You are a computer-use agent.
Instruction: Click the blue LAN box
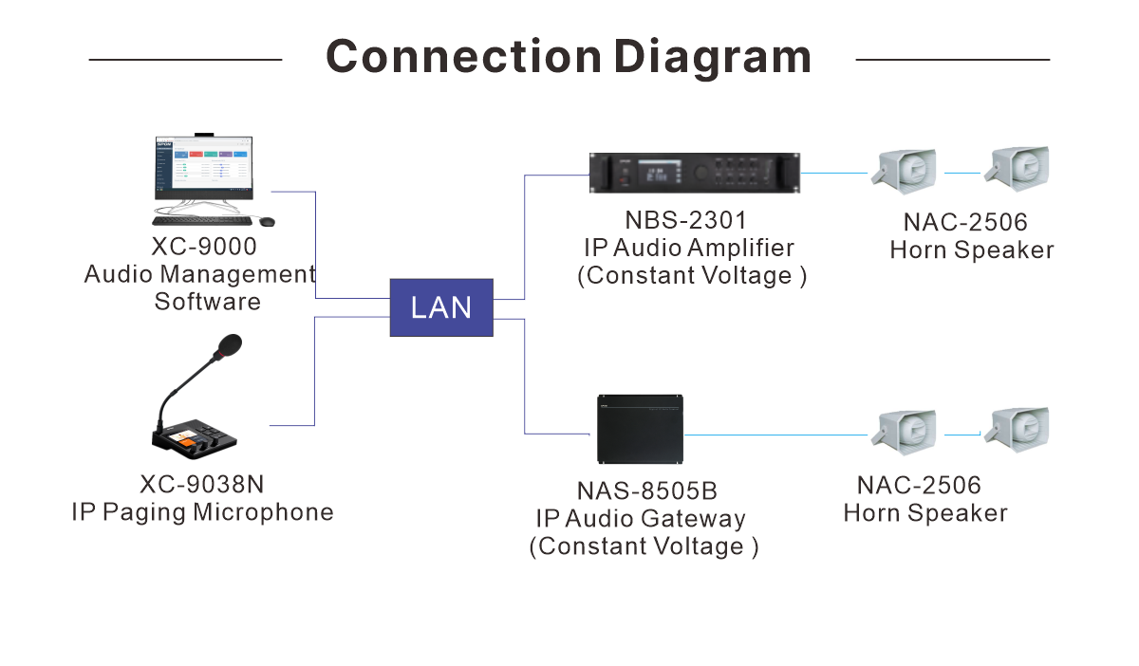pyautogui.click(x=441, y=307)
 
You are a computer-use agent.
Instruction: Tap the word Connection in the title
pyautogui.click(x=464, y=56)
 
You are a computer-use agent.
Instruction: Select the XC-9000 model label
pyautogui.click(x=204, y=247)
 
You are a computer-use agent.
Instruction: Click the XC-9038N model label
pyautogui.click(x=202, y=485)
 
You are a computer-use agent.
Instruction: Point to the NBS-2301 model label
pyautogui.click(x=686, y=220)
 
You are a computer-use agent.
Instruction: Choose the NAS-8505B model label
pyautogui.click(x=646, y=491)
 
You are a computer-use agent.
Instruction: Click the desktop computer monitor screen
pyautogui.click(x=203, y=167)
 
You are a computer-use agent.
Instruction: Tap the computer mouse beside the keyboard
pyautogui.click(x=267, y=221)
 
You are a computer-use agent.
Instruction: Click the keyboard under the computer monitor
pyautogui.click(x=202, y=221)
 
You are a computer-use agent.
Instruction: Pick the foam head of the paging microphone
pyautogui.click(x=228, y=346)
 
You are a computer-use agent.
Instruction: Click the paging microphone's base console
pyautogui.click(x=194, y=438)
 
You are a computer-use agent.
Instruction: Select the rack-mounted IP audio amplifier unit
pyautogui.click(x=695, y=173)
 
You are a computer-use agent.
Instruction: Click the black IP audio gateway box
pyautogui.click(x=640, y=429)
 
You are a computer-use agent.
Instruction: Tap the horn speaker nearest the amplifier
pyautogui.click(x=904, y=172)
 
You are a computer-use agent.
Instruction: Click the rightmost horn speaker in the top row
pyautogui.click(x=1017, y=169)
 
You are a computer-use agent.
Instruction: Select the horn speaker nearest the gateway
pyautogui.click(x=904, y=432)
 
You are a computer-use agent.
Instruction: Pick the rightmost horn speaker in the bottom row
pyautogui.click(x=1017, y=430)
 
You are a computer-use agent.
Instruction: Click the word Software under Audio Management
pyautogui.click(x=208, y=302)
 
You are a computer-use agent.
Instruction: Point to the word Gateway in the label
pyautogui.click(x=693, y=519)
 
